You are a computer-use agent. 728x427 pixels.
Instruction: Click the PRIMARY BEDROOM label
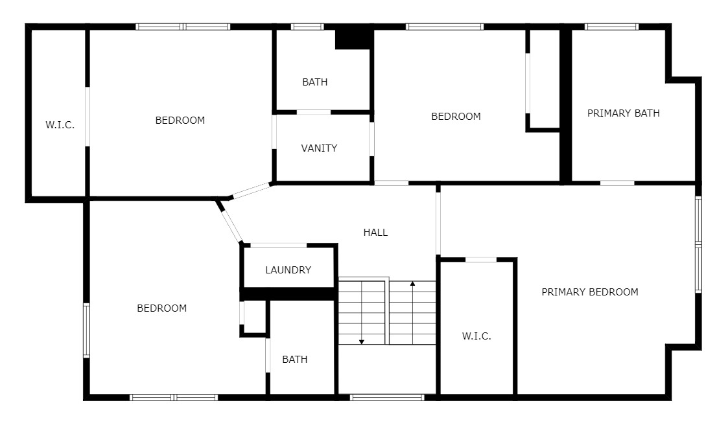(x=590, y=292)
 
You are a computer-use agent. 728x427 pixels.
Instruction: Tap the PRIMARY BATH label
(x=624, y=113)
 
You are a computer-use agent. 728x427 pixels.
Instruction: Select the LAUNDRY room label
(x=288, y=270)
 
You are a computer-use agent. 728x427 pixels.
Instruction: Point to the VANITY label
(x=319, y=148)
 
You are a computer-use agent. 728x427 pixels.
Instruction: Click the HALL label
(x=375, y=233)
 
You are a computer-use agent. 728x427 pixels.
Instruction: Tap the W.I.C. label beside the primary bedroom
(x=476, y=336)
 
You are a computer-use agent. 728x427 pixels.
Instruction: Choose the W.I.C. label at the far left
(x=60, y=125)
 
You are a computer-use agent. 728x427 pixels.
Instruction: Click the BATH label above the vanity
(x=315, y=82)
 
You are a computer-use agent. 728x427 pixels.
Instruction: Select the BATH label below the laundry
(x=295, y=359)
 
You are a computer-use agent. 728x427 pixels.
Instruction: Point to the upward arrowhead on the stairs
(x=412, y=283)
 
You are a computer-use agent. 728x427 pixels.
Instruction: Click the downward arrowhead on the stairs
(x=362, y=342)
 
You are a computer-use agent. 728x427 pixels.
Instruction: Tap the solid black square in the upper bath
(x=353, y=40)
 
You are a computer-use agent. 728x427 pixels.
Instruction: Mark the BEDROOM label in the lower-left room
(x=161, y=308)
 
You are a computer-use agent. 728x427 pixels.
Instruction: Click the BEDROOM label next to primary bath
(x=456, y=117)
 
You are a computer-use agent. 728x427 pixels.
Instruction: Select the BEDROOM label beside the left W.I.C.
(x=180, y=121)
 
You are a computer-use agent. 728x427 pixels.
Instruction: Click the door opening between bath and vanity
(x=313, y=112)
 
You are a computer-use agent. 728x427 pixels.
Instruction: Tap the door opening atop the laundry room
(x=279, y=245)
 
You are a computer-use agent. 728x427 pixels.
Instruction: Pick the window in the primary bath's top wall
(x=611, y=27)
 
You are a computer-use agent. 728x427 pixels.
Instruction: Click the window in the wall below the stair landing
(x=387, y=397)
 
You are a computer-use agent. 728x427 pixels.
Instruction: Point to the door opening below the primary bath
(x=617, y=183)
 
